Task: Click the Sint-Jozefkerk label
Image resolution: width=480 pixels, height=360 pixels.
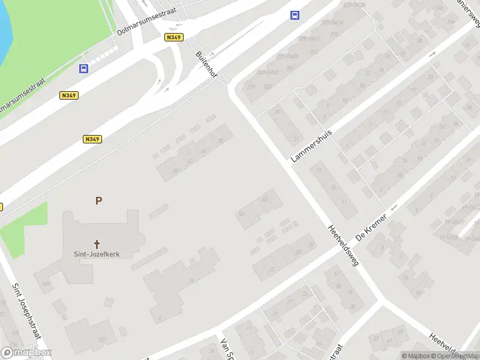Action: [x=97, y=254]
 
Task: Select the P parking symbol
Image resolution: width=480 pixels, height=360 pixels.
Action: [x=98, y=201]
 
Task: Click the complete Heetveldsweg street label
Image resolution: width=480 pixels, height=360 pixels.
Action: [x=343, y=247]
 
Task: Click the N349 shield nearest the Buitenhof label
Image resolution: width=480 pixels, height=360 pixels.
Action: [x=173, y=37]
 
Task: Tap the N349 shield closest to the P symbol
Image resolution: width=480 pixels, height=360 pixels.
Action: [x=92, y=139]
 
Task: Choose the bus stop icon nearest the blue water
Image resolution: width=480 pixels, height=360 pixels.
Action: [x=83, y=68]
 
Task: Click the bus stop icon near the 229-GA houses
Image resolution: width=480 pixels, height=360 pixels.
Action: [x=295, y=16]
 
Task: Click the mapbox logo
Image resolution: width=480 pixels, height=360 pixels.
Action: [x=26, y=353]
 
